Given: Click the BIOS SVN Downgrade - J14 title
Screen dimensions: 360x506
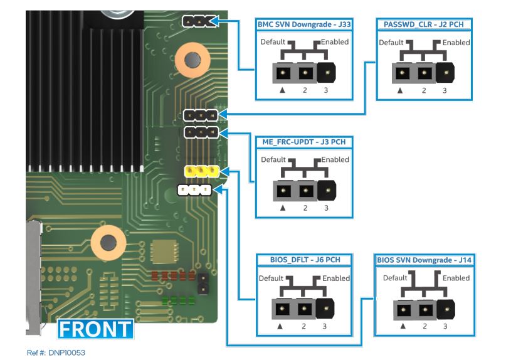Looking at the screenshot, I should pyautogui.click(x=423, y=258).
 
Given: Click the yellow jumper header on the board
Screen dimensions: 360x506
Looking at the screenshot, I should pyautogui.click(x=201, y=171).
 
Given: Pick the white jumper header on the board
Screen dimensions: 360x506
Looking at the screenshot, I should pyautogui.click(x=194, y=189).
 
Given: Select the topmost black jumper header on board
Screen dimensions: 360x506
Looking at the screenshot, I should pyautogui.click(x=196, y=22).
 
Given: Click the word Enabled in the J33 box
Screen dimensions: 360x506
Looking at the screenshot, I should pyautogui.click(x=335, y=42).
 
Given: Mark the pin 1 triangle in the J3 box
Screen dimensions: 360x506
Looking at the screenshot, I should pyautogui.click(x=284, y=208).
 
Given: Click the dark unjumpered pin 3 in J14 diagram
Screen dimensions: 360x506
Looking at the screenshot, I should pyautogui.click(x=445, y=309).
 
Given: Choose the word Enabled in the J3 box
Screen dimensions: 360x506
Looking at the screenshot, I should pyautogui.click(x=335, y=159).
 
